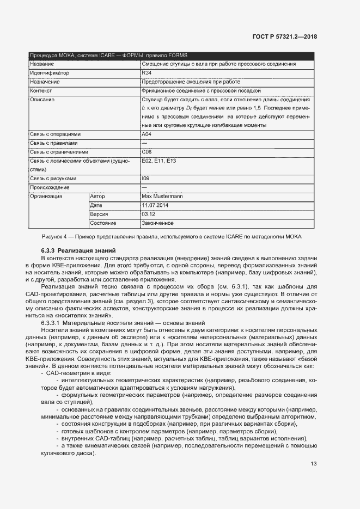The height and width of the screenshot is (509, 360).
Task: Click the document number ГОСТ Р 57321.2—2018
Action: (x=285, y=36)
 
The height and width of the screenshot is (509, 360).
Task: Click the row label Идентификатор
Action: (x=50, y=72)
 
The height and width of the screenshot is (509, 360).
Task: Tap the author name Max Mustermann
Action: (x=162, y=196)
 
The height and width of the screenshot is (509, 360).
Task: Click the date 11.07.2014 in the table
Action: (x=156, y=205)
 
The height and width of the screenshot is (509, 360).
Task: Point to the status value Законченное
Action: (x=157, y=223)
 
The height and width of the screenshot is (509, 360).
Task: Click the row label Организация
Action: (x=46, y=196)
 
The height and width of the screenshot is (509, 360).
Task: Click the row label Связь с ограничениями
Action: (x=59, y=152)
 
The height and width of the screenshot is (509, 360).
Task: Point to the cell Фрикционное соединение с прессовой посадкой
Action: (x=202, y=90)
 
